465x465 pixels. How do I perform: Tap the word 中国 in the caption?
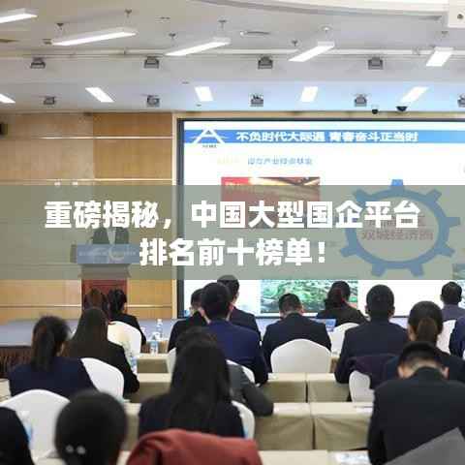(216, 215)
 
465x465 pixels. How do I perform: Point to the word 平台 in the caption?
(391, 215)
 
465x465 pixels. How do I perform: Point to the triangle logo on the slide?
(199, 136)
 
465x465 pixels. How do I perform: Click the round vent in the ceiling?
(255, 33)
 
